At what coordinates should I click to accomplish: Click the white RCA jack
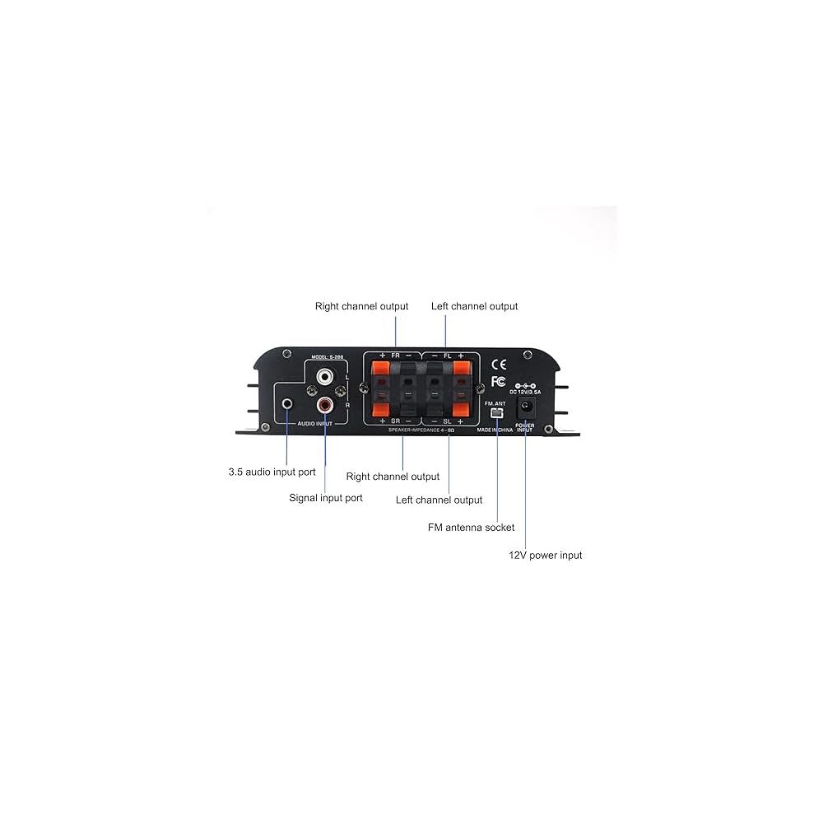point(326,378)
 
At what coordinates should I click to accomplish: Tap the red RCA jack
point(326,405)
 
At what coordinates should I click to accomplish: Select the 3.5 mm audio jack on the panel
point(287,404)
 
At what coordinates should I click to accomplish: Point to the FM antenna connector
point(496,411)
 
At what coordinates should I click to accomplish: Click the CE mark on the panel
point(499,364)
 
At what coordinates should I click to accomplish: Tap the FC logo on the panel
point(498,381)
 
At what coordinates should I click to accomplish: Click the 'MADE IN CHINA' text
point(495,430)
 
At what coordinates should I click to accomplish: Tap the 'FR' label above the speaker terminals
point(395,356)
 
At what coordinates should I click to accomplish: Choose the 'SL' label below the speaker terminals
point(447,421)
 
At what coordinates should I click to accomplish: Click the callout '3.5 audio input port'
point(272,472)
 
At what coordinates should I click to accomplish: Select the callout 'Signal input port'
point(326,498)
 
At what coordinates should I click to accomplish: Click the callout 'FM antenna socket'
point(471,528)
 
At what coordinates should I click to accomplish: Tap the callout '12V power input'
point(545,556)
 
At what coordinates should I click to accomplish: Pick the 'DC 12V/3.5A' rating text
point(525,392)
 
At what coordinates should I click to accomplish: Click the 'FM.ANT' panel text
point(495,402)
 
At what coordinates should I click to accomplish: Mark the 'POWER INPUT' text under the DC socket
point(524,428)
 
